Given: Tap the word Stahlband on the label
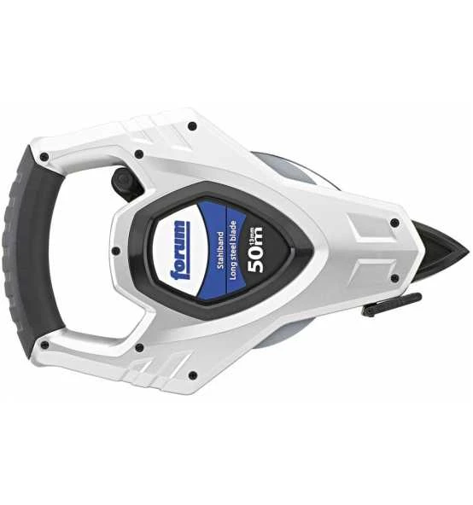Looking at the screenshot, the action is tap(220, 250).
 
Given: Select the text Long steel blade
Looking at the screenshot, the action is tap(233, 250).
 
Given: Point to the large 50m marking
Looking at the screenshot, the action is tap(255, 250).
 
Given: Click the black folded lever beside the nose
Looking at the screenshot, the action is tap(391, 305).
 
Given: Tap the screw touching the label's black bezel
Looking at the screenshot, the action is tap(115, 251).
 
